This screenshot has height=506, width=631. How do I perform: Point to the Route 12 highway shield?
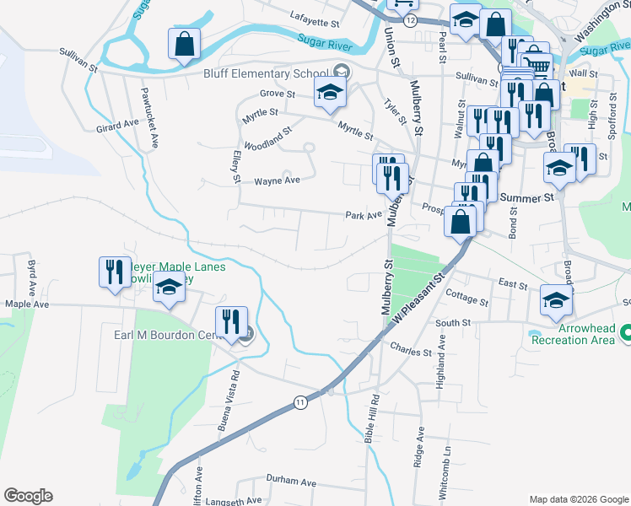tap(409, 19)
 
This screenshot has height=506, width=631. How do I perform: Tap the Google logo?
tap(28, 496)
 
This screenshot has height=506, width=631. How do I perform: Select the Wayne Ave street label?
tap(278, 180)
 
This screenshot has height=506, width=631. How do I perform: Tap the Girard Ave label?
tap(117, 124)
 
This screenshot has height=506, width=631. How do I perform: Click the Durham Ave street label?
tap(290, 481)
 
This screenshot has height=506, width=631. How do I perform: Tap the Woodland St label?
tap(267, 137)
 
